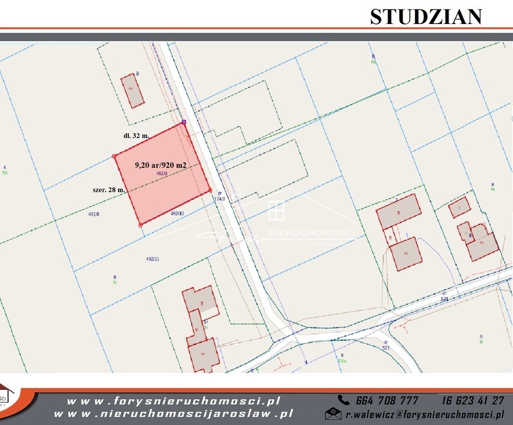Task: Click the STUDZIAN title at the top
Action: pyautogui.click(x=426, y=16)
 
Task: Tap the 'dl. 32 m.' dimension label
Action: pyautogui.click(x=136, y=135)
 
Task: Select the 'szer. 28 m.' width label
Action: pyautogui.click(x=109, y=190)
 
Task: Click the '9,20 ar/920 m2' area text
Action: pyautogui.click(x=160, y=166)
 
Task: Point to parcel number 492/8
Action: pyautogui.click(x=94, y=214)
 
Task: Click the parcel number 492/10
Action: pyautogui.click(x=177, y=214)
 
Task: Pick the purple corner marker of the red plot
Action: pyautogui.click(x=184, y=122)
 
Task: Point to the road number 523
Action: pyautogui.click(x=386, y=347)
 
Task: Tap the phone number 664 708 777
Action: pyautogui.click(x=387, y=400)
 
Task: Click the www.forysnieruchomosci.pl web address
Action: pyautogui.click(x=173, y=401)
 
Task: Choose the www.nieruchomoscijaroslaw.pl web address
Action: pyautogui.click(x=180, y=413)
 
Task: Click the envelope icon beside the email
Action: pyautogui.click(x=333, y=414)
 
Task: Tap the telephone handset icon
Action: pyautogui.click(x=343, y=400)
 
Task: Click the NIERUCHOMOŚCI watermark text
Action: pyautogui.click(x=310, y=234)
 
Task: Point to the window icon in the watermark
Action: pyautogui.click(x=276, y=211)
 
